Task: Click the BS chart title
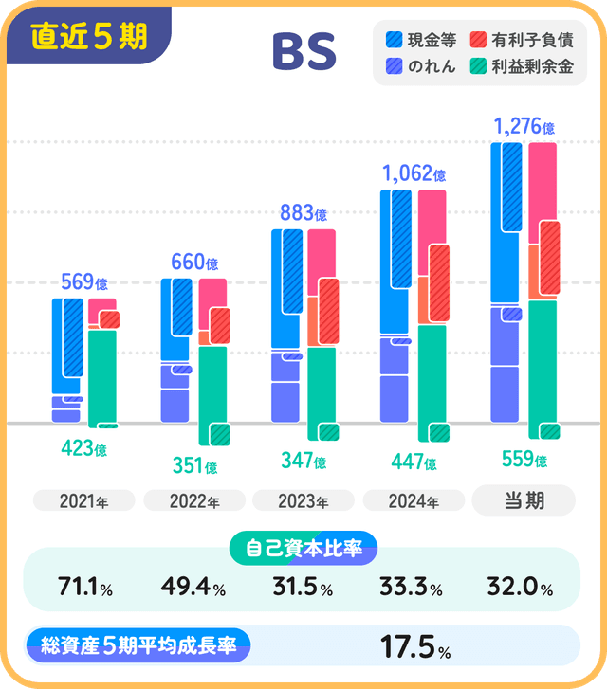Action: pyautogui.click(x=303, y=53)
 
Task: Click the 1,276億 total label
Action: pyautogui.click(x=524, y=125)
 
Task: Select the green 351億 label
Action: pyautogui.click(x=194, y=466)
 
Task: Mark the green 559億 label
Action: pyautogui.click(x=524, y=461)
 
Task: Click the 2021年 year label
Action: pyautogui.click(x=83, y=501)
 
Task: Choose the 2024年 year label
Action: pyautogui.click(x=414, y=501)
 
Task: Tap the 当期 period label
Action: pyautogui.click(x=524, y=499)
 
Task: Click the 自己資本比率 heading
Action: pyautogui.click(x=303, y=547)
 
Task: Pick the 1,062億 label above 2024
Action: pyautogui.click(x=414, y=173)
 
